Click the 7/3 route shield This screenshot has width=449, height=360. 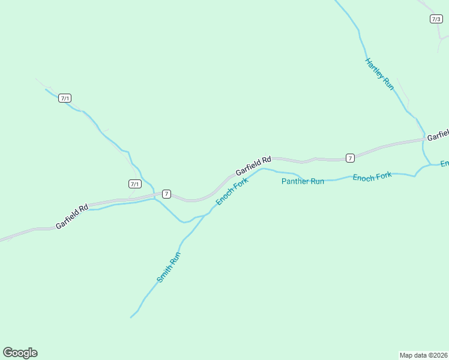pos(436,19)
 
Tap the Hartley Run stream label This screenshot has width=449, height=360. pos(379,74)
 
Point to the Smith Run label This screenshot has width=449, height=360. pos(169,267)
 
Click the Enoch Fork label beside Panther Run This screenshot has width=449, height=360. pos(372,176)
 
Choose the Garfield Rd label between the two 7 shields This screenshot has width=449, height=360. pos(253,166)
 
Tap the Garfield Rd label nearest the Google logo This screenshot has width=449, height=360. pos(72,216)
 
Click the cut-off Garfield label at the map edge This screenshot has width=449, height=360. pos(438,135)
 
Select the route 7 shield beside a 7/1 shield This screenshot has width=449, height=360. pos(166,194)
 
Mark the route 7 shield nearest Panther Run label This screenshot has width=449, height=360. pos(350,158)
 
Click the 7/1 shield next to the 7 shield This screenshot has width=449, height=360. pos(135,184)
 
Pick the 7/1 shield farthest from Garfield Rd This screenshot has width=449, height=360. pos(65,98)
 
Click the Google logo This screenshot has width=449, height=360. pos(20,353)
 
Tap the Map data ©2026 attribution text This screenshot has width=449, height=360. pos(423,355)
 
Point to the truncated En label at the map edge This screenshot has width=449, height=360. pos(444,164)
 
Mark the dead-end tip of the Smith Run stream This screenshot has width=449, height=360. pos(131,317)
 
